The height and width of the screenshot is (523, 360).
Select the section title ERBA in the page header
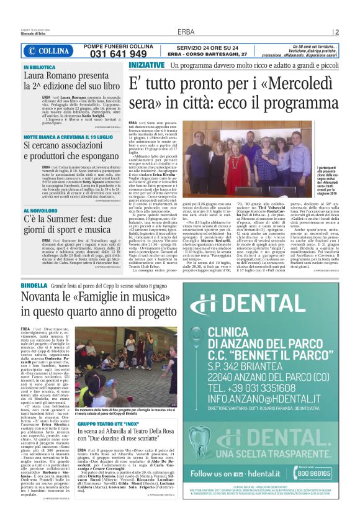tap(186, 32)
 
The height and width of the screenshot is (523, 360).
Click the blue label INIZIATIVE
tap(146, 65)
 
